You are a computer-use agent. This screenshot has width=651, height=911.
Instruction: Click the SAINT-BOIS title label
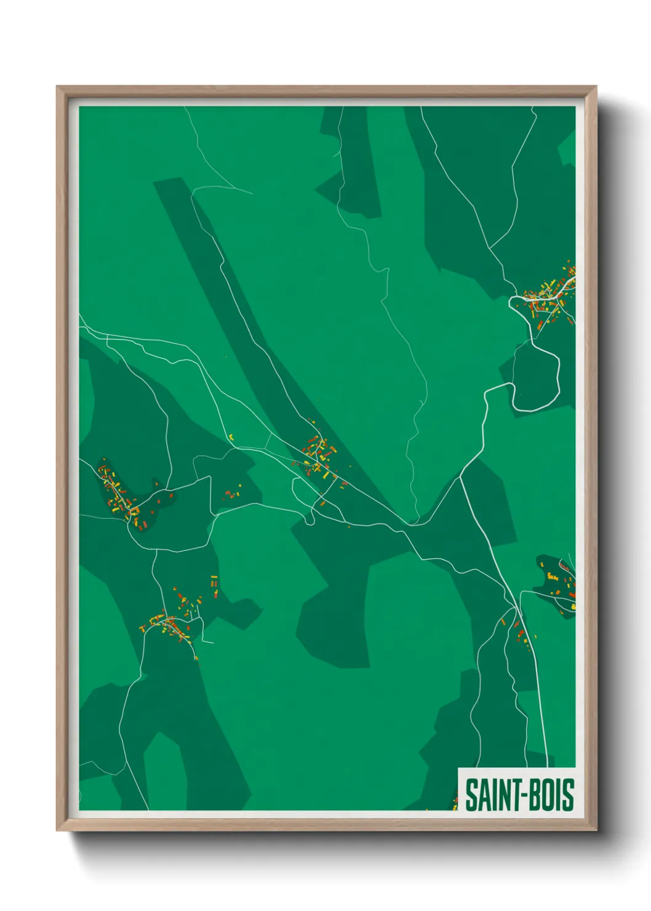tap(519, 794)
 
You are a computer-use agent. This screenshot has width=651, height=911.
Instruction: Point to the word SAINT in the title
tap(491, 795)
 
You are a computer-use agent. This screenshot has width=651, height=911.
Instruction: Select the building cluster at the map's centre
tap(320, 457)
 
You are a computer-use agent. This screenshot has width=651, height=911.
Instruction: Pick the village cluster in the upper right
tap(549, 297)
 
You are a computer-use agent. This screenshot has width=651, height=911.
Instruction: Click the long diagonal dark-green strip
tap(246, 308)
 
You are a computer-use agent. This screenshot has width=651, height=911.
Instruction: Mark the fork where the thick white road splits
tap(461, 476)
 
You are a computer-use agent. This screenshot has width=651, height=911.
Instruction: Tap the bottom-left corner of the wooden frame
tap(58, 829)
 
